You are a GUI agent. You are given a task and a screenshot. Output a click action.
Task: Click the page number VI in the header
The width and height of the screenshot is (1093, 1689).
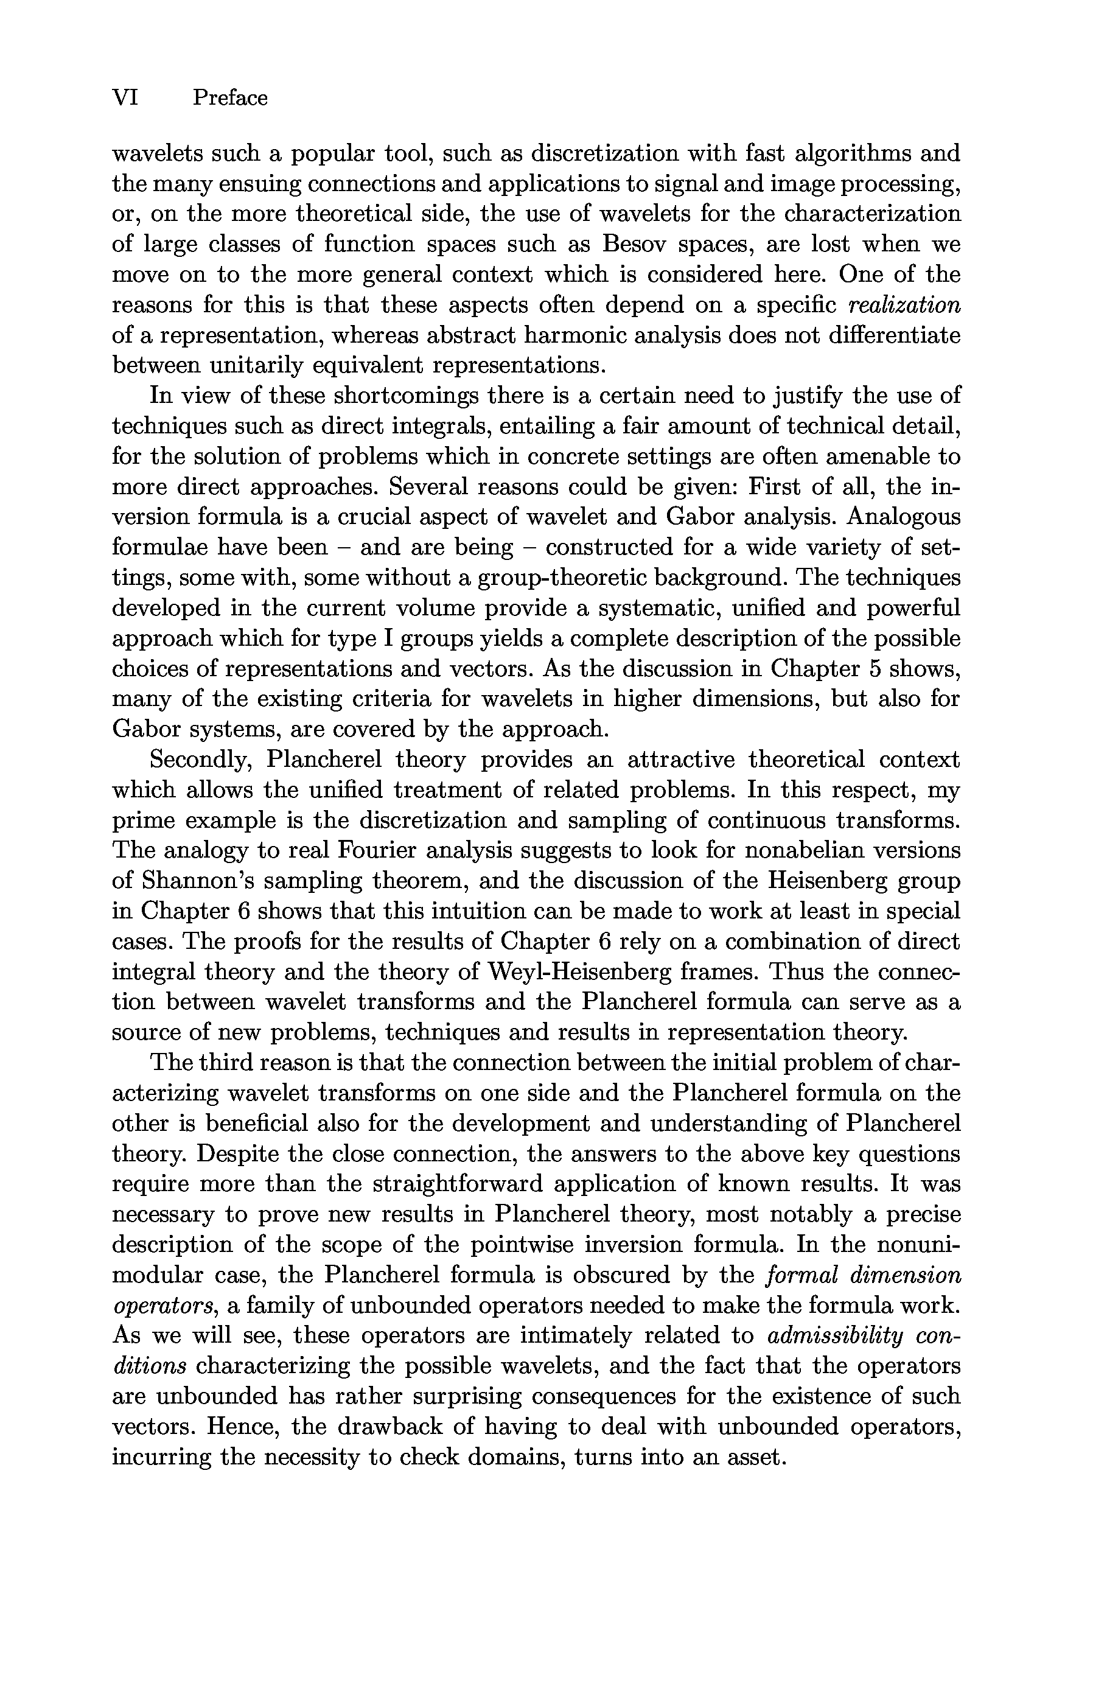[125, 97]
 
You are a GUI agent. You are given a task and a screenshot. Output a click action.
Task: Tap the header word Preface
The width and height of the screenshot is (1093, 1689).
[230, 97]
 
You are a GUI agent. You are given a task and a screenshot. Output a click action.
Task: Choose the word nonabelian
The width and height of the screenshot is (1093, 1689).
[817, 851]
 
